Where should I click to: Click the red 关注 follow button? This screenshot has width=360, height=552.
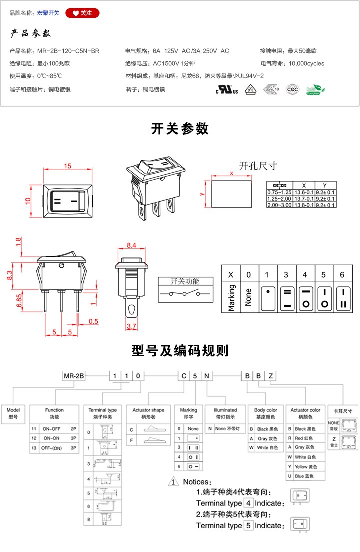point(82,13)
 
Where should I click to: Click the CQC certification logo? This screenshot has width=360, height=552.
point(292,90)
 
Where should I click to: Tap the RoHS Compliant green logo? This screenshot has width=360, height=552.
point(315,90)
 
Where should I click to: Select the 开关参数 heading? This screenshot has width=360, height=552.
point(180,128)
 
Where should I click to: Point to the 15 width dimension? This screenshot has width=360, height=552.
point(68,166)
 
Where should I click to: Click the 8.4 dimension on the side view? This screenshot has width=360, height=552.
point(132,245)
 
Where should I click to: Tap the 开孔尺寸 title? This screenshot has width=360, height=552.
point(258,166)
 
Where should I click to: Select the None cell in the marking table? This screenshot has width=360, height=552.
point(249,297)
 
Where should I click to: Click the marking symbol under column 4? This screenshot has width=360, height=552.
point(305,297)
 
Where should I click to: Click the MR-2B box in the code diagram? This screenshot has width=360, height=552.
point(73,376)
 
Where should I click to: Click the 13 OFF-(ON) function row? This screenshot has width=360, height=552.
point(54,448)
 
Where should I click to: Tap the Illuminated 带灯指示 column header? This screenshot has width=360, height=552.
point(225,413)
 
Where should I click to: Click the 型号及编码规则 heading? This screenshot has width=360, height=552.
point(180,350)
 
